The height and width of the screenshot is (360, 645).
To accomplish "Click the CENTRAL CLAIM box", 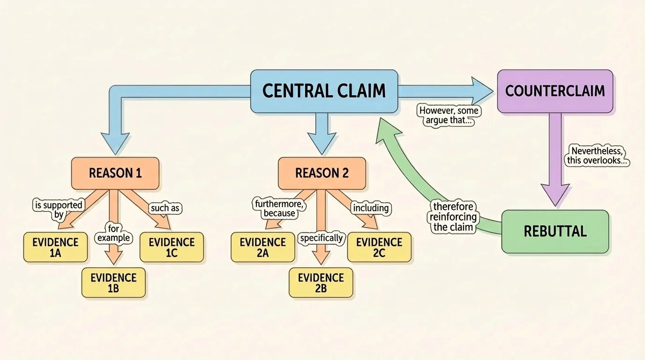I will (x=324, y=91).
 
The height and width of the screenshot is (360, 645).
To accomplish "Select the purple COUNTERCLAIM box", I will (x=555, y=91).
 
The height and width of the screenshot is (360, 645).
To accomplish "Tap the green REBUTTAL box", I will (x=555, y=232).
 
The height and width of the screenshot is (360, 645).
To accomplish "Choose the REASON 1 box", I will (x=115, y=173).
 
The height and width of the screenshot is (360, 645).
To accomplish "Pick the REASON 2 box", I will (x=322, y=173).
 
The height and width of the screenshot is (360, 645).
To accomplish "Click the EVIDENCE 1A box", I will (x=55, y=247).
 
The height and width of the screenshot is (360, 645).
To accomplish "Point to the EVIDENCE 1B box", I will (x=113, y=283).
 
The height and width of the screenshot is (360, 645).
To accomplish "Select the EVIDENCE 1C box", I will (x=172, y=247).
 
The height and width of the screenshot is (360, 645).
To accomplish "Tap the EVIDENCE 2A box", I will (x=262, y=247).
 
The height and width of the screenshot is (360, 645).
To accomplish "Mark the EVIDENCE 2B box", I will (x=321, y=283).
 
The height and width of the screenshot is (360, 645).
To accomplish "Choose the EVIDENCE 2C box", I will (x=379, y=247).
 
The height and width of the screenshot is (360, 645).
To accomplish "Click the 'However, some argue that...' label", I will (x=449, y=116).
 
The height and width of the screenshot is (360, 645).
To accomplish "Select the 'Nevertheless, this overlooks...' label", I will (x=597, y=156).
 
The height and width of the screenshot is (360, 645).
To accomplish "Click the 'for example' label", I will (x=113, y=233).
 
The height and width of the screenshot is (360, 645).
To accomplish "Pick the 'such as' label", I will (x=166, y=208).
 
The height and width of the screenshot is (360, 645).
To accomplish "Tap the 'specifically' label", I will (x=322, y=238).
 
